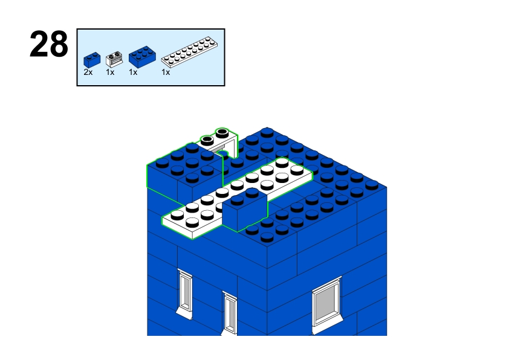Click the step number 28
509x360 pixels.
point(49,44)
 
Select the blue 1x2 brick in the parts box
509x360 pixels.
point(92,60)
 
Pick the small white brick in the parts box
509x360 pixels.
point(114,59)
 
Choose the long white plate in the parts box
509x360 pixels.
point(189,52)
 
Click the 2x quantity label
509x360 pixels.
point(88,72)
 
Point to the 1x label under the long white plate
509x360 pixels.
point(166,72)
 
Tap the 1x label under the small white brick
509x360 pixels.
point(110,72)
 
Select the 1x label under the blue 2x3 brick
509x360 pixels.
point(133,72)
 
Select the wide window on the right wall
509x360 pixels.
point(326,305)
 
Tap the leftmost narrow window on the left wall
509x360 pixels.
point(185,294)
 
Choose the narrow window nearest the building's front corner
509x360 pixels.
point(230,313)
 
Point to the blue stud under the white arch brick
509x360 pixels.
point(222,153)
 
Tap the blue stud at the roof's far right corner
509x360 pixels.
point(372,185)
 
